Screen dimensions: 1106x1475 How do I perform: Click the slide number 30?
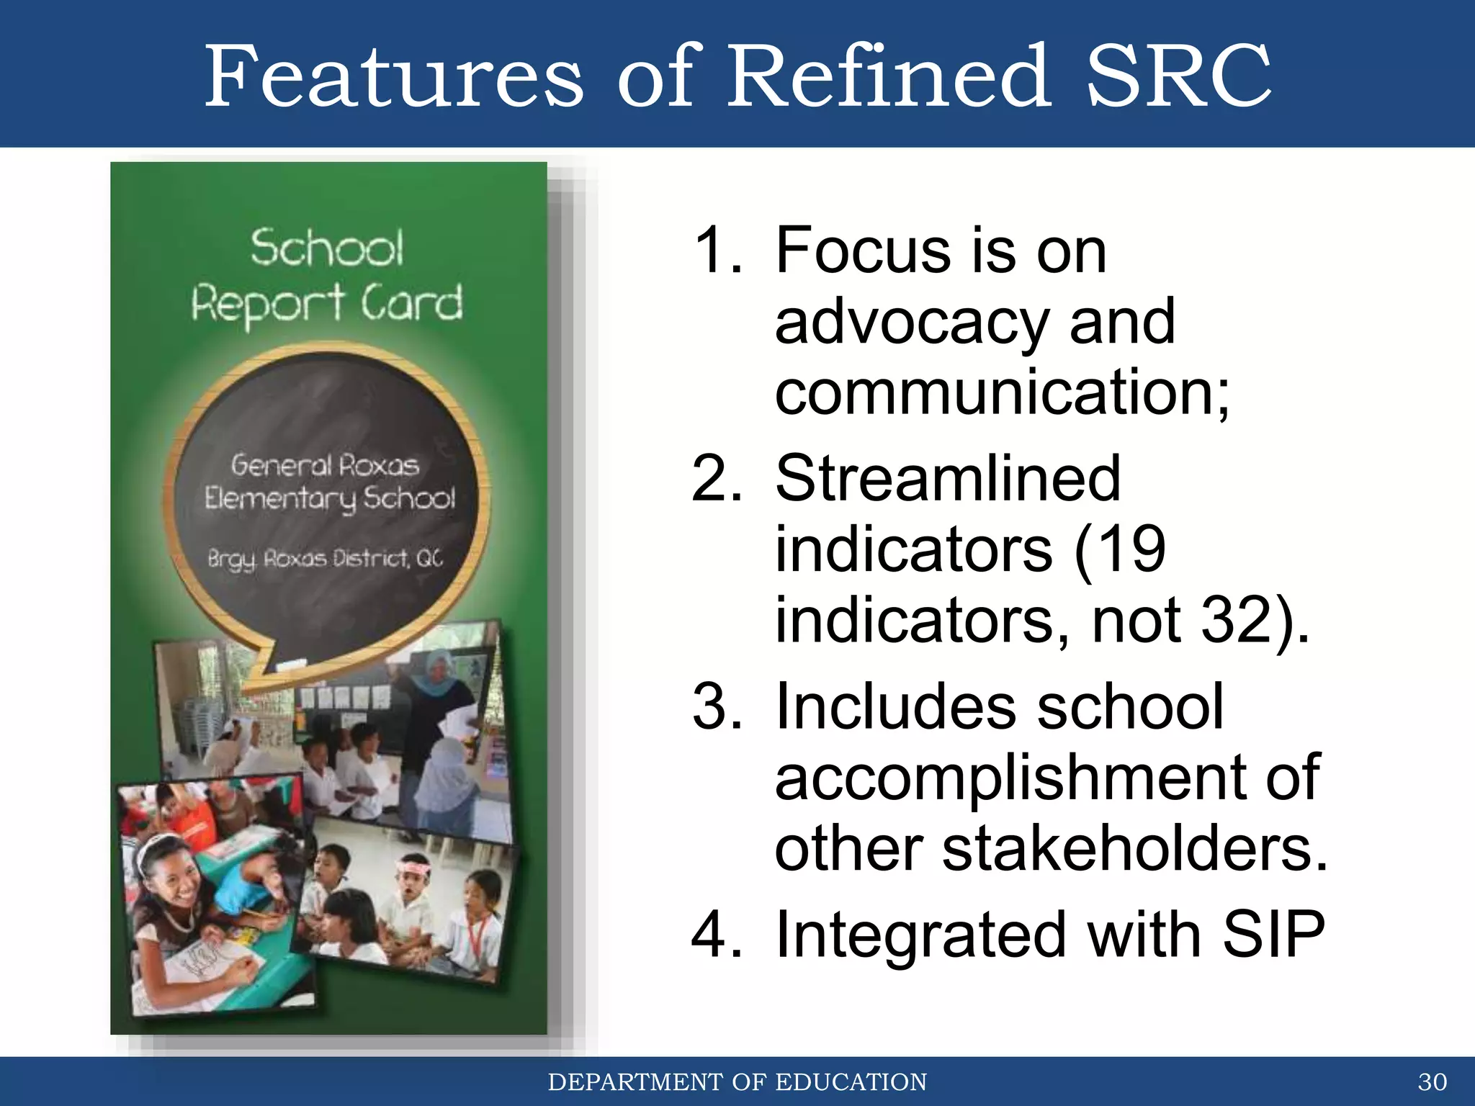click(x=1432, y=1082)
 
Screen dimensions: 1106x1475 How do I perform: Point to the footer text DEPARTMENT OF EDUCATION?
click(x=737, y=1082)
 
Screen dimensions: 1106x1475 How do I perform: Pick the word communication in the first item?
click(x=994, y=392)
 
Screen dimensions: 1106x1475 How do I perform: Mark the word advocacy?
click(x=912, y=323)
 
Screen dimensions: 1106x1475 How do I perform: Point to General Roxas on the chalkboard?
click(x=325, y=466)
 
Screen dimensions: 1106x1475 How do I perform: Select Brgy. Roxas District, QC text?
click(x=325, y=559)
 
